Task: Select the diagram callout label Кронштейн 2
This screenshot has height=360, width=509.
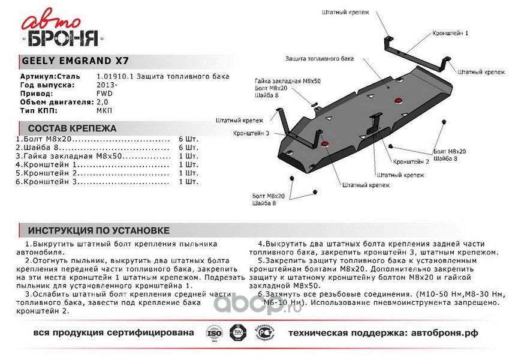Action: coord(411,162)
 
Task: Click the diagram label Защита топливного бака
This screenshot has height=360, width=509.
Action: coord(320,59)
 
